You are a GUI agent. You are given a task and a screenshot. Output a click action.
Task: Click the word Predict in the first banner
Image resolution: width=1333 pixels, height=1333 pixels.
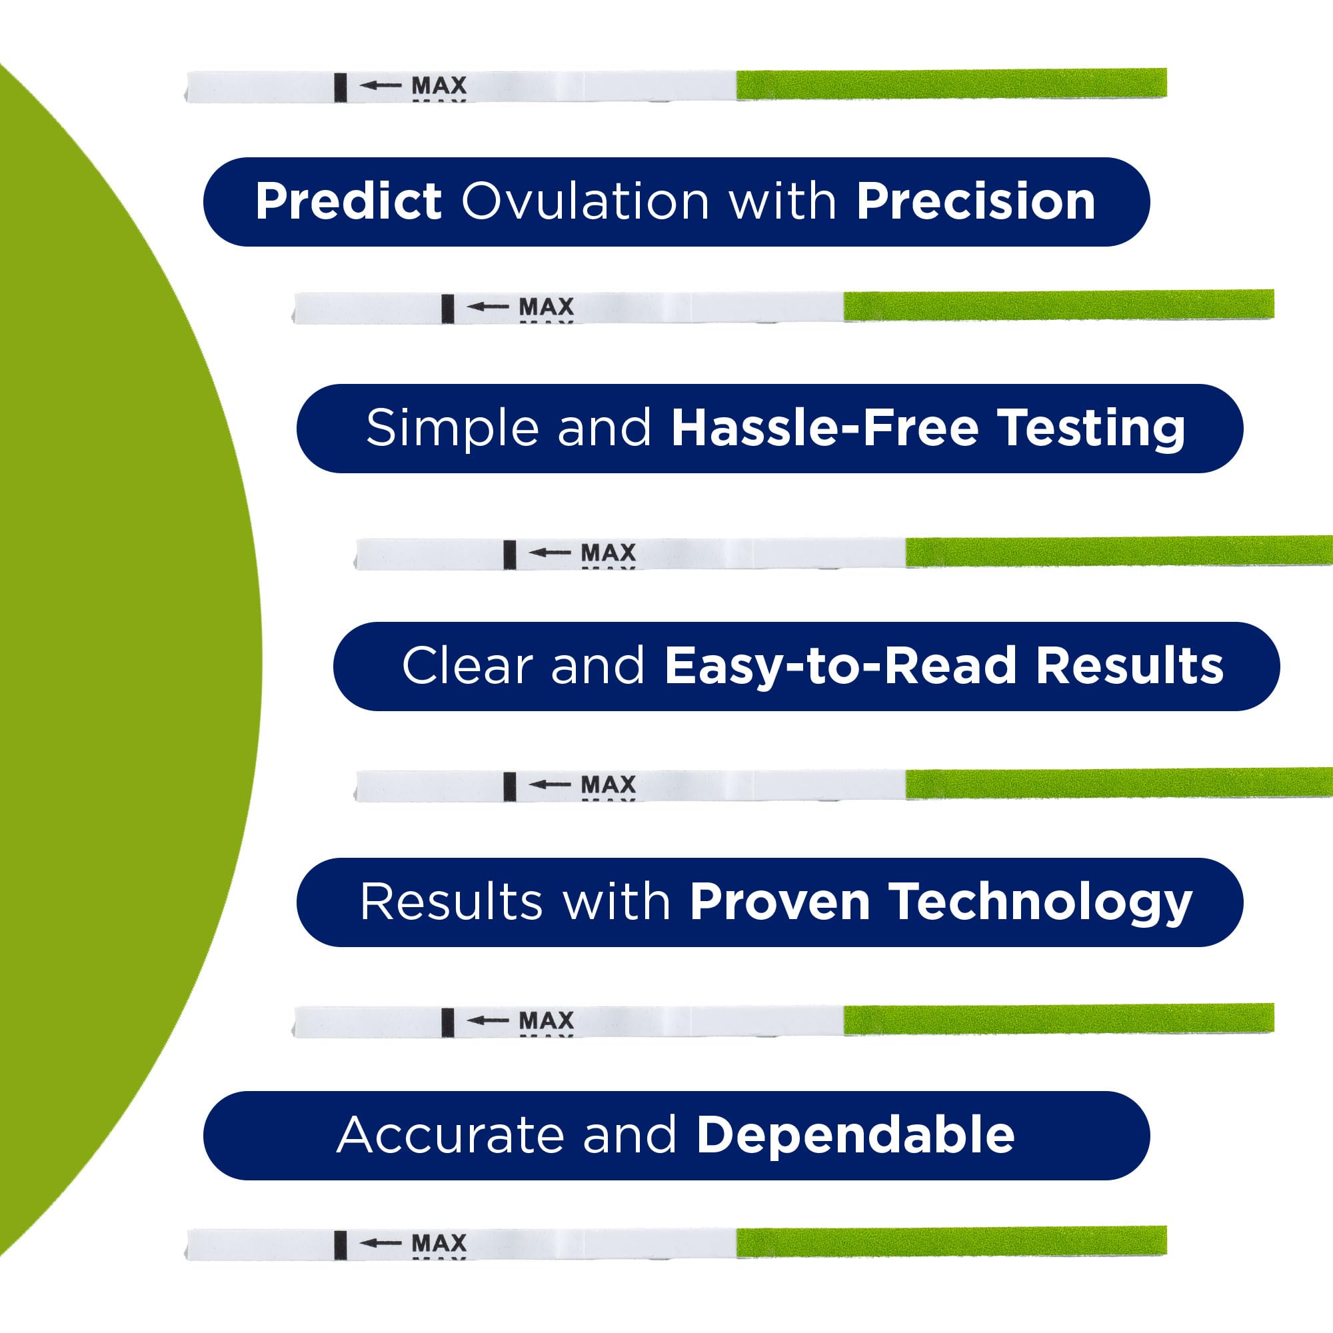349,201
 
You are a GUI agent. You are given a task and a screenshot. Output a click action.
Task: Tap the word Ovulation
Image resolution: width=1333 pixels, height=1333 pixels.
585,201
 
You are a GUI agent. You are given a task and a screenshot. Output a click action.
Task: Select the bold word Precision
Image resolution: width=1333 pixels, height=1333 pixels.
976,201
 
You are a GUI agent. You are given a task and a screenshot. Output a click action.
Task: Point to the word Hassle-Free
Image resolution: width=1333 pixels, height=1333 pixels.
825,428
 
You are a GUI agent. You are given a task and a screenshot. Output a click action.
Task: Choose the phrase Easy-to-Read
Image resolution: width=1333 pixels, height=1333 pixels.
840,667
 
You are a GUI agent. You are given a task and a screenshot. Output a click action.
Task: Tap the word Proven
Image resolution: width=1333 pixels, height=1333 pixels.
780,902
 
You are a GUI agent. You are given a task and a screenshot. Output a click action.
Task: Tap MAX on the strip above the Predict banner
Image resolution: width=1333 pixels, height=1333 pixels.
439,85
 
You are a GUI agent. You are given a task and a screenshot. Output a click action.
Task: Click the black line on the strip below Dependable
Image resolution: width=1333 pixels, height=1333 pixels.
340,1246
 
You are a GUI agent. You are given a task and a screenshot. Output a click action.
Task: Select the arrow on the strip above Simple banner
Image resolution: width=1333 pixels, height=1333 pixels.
488,307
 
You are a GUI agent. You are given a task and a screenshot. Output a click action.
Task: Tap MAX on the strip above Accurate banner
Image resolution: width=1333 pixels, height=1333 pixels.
547,1020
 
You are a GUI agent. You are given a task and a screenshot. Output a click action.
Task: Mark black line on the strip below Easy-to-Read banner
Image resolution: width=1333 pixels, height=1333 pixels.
510,786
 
